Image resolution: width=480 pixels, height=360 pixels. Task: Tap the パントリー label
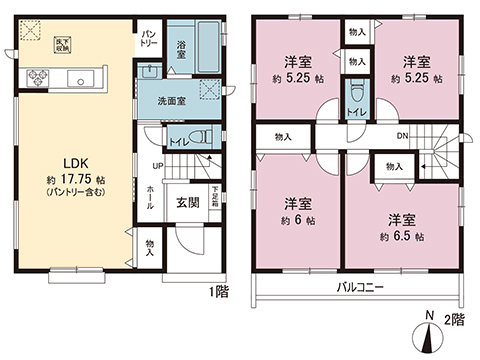coord(148,38)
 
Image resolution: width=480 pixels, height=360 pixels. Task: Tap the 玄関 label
coord(187,201)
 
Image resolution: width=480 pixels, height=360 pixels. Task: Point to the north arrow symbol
coord(431,337)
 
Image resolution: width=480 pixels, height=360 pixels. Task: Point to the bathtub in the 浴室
coord(208,45)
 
